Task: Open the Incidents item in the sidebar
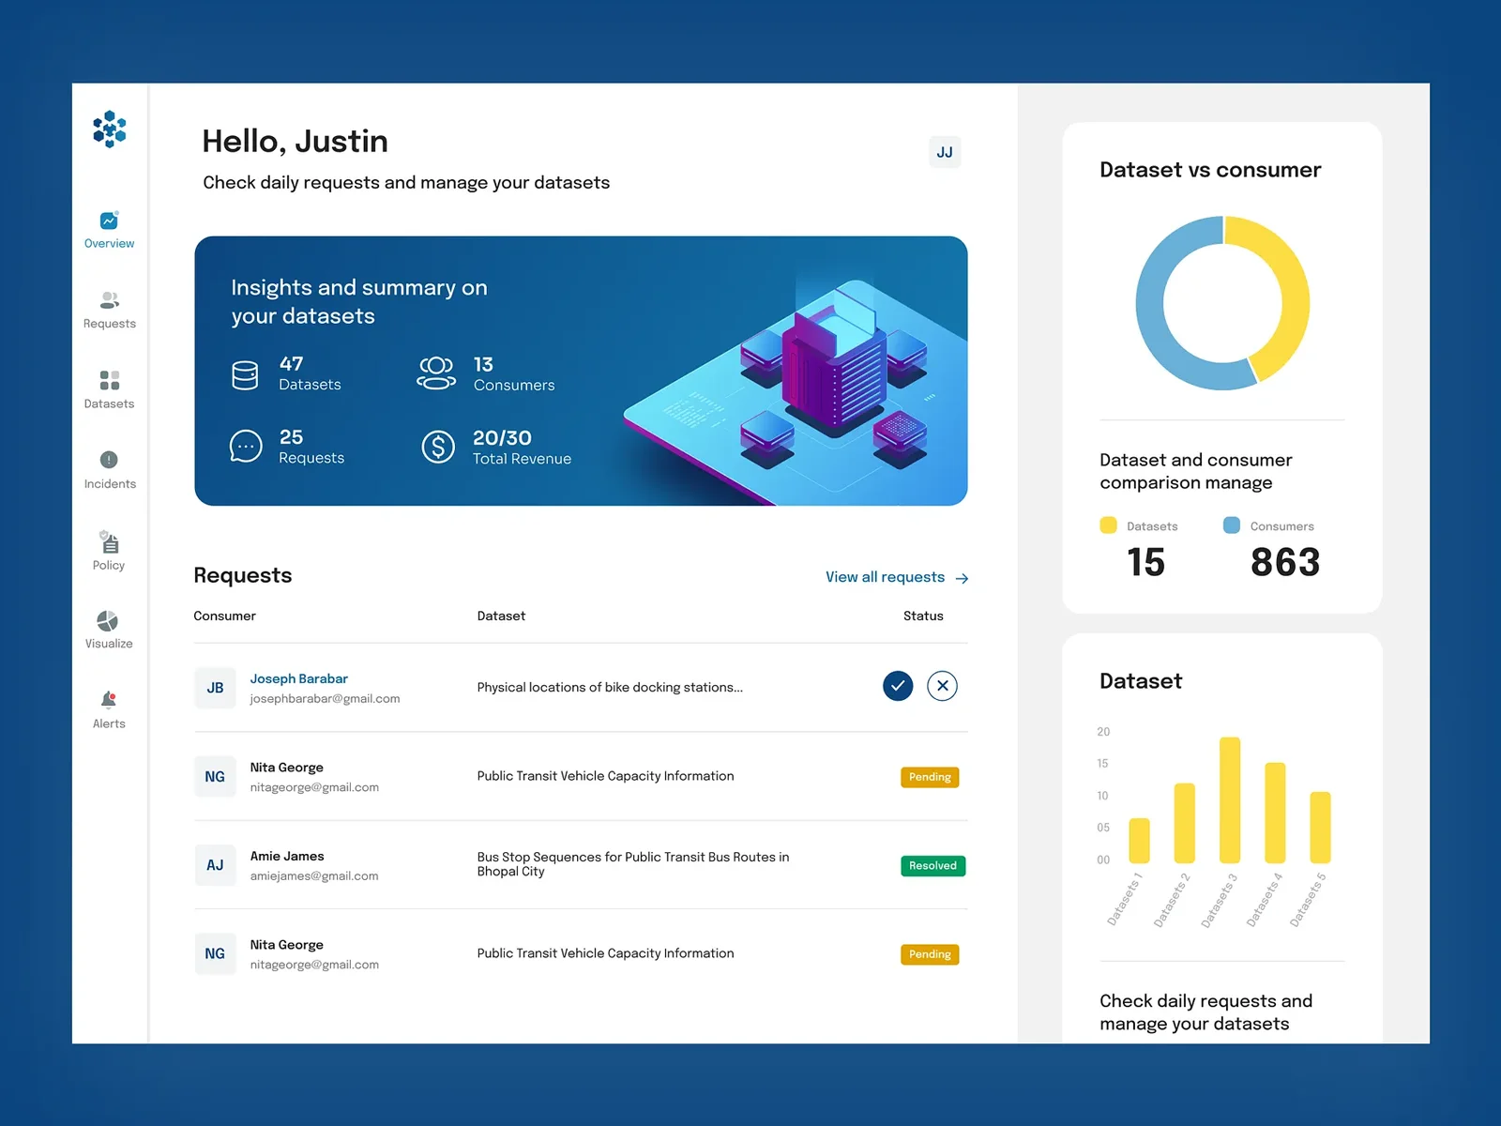click(110, 470)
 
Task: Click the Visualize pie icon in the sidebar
click(107, 621)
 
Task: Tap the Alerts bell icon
click(109, 700)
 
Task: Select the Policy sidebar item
click(109, 551)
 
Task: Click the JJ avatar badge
click(945, 152)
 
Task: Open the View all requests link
click(897, 577)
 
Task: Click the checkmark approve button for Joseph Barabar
click(897, 686)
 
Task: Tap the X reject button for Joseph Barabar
click(942, 686)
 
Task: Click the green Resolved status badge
click(932, 865)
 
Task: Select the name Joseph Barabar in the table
click(299, 678)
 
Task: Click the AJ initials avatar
click(215, 865)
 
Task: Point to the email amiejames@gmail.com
click(314, 875)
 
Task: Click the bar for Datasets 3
click(1230, 799)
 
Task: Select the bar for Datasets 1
click(1139, 840)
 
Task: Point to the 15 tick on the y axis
click(1102, 763)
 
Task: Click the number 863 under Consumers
click(1285, 562)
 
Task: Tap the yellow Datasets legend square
click(1109, 525)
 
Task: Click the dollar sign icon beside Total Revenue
click(438, 448)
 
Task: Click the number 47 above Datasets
click(292, 364)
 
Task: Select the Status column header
click(923, 616)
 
